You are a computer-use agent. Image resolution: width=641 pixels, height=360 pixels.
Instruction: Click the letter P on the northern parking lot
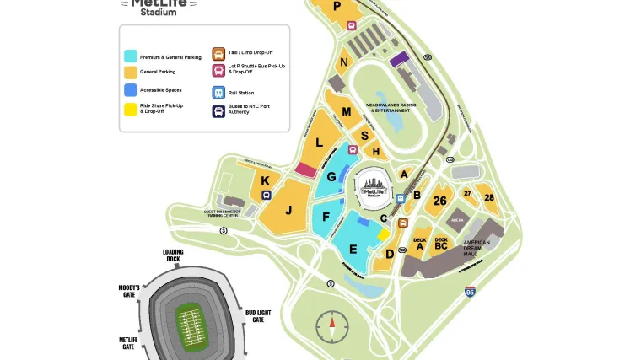(337, 6)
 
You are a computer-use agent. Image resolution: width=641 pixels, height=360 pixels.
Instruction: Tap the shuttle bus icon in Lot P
(352, 25)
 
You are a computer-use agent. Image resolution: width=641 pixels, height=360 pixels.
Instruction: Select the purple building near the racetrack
(400, 58)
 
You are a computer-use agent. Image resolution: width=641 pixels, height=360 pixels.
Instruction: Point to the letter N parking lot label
(343, 62)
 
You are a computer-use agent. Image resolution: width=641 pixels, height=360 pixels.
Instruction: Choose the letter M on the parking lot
(346, 111)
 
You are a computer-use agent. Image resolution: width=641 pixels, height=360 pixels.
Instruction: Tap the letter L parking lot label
(319, 142)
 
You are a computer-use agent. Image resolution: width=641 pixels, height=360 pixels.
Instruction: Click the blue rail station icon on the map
(401, 198)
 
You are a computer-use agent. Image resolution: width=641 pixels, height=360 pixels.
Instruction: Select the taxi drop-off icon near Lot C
(403, 223)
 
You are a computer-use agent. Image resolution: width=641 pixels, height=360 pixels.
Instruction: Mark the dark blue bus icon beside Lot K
(267, 195)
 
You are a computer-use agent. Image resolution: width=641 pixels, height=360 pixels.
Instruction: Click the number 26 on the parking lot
(439, 201)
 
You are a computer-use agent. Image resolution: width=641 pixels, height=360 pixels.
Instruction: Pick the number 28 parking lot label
(488, 197)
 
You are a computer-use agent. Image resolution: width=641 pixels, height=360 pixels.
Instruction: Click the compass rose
(331, 325)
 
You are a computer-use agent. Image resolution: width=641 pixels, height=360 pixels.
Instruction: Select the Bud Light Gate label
(258, 315)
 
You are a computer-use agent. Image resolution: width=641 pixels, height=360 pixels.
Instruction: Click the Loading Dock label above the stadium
(173, 255)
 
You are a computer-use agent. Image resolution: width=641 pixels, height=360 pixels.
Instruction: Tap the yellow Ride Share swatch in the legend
(131, 109)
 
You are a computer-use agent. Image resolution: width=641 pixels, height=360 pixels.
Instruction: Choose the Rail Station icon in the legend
(218, 93)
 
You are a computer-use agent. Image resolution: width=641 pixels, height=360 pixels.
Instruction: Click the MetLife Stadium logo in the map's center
(373, 185)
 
